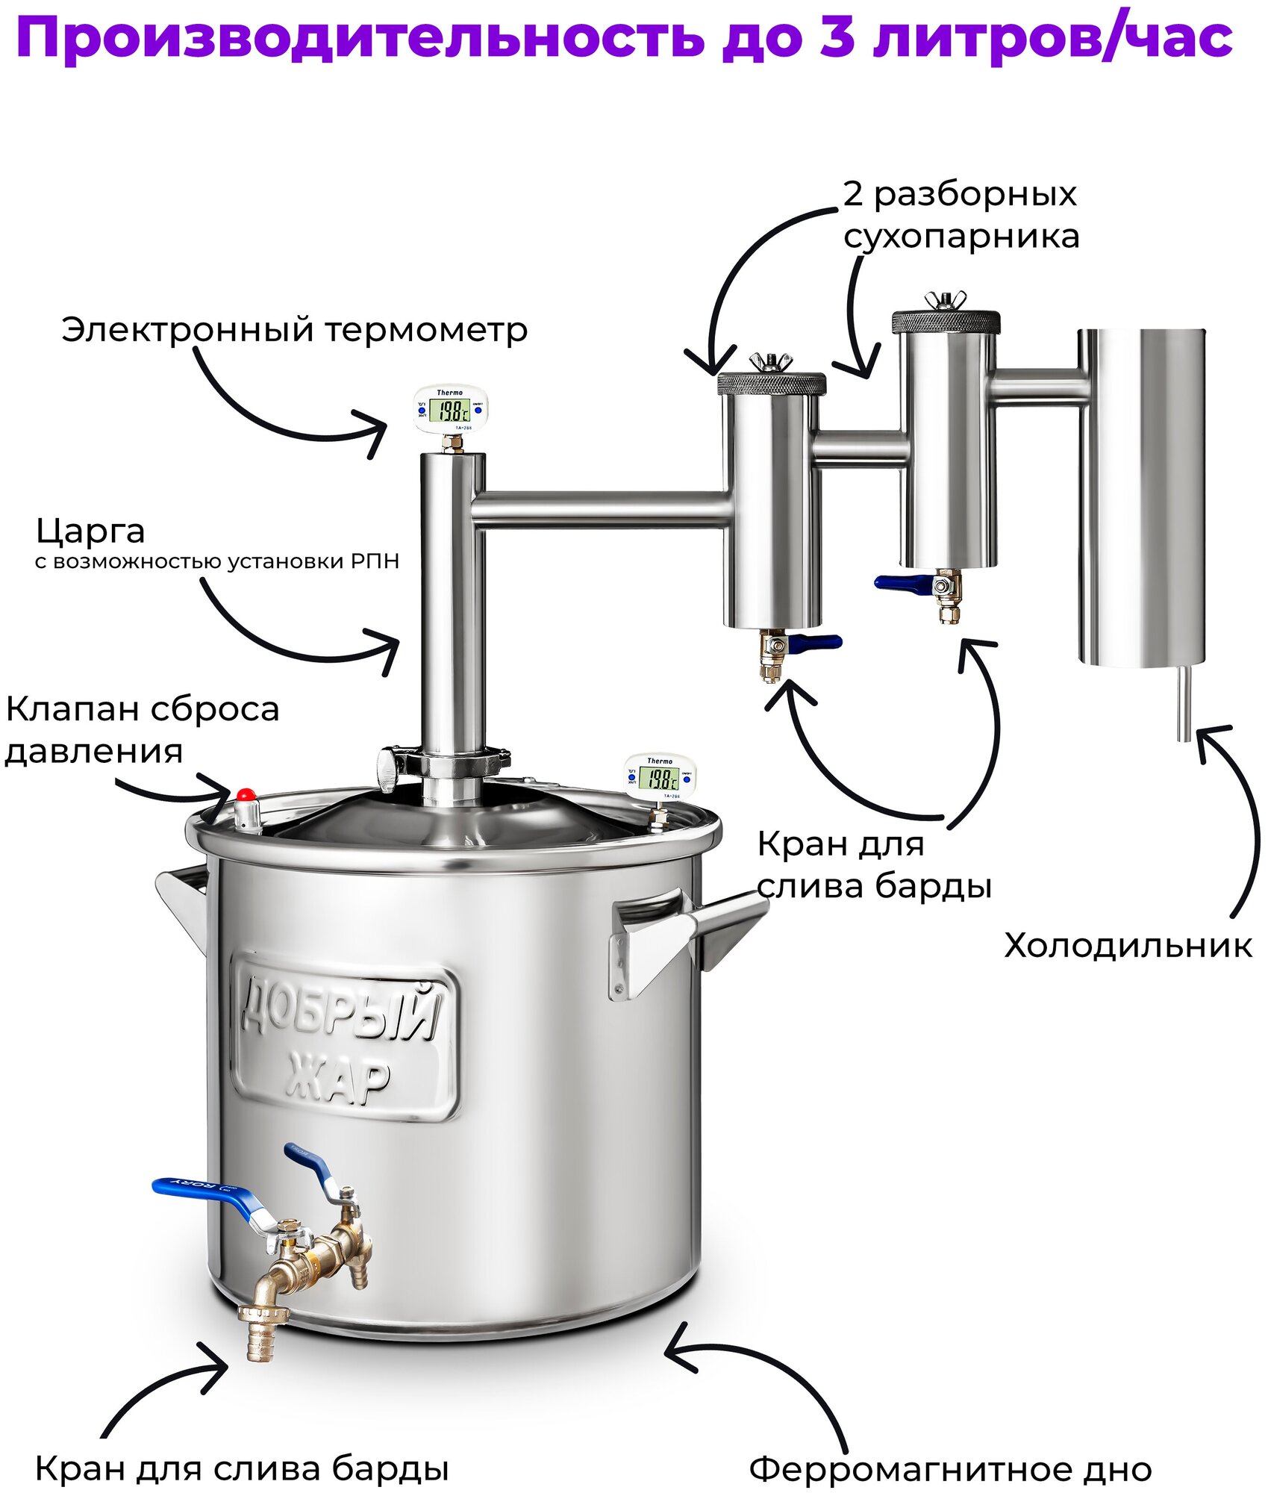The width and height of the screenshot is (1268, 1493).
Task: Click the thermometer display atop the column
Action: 452,410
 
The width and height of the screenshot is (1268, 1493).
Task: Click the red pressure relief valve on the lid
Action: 246,794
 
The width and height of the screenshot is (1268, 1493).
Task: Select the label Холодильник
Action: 1127,946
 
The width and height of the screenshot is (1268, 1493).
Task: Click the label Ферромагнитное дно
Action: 950,1469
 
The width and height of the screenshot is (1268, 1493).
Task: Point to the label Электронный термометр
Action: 294,329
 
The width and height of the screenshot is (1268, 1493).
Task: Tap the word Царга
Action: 90,531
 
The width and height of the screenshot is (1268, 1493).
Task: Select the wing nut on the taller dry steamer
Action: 945,300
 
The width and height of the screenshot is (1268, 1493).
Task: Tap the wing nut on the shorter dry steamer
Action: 769,363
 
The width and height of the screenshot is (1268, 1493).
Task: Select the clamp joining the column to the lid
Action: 445,764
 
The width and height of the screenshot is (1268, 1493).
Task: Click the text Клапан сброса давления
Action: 142,729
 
